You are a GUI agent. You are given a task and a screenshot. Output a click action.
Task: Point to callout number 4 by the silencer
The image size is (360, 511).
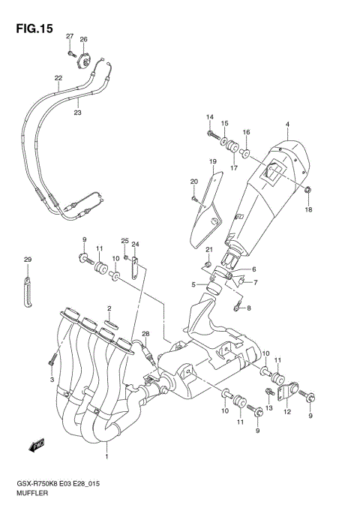click(286, 124)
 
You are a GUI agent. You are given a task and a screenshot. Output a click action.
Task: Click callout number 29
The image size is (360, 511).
click(27, 260)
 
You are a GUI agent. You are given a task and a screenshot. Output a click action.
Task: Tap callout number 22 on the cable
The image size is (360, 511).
click(58, 77)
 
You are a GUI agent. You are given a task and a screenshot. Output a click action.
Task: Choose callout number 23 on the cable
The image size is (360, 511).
click(77, 113)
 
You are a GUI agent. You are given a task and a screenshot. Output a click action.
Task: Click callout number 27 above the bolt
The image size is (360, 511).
click(69, 37)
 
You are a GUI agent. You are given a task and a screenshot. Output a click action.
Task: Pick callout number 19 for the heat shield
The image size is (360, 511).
click(213, 162)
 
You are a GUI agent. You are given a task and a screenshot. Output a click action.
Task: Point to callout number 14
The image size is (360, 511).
click(210, 116)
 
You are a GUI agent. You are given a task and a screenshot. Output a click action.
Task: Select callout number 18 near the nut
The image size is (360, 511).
click(307, 210)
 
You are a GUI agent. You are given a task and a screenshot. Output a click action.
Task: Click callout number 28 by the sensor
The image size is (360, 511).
click(146, 334)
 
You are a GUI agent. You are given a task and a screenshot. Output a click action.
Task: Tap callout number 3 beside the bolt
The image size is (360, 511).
click(52, 380)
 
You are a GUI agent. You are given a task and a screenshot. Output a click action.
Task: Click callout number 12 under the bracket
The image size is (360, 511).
click(286, 412)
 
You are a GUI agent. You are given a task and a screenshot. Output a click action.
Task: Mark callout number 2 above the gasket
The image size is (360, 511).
click(109, 308)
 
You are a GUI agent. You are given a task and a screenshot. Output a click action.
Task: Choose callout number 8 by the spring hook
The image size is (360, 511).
click(249, 308)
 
